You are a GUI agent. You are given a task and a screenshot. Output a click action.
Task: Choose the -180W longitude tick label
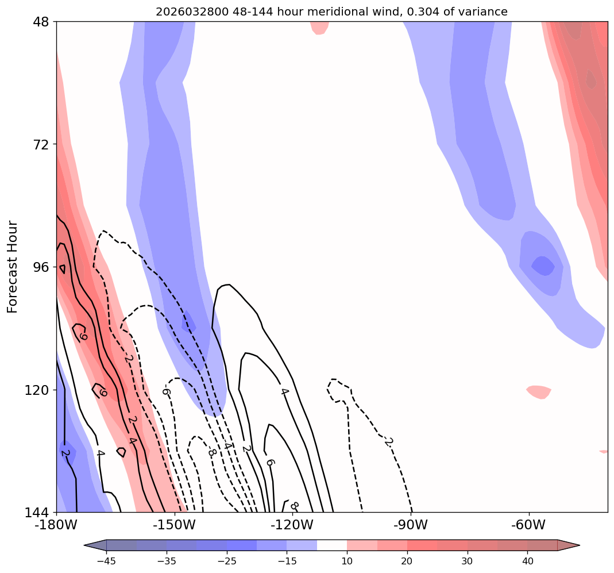coord(56,525)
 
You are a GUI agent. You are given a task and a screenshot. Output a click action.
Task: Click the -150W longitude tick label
coord(174,525)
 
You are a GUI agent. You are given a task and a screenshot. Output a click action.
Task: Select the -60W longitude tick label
coord(528,525)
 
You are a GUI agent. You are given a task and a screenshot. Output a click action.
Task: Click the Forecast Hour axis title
coord(13,267)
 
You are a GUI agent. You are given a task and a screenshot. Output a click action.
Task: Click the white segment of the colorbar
coord(332,545)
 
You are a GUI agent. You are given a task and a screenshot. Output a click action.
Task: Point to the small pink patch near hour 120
coord(539,392)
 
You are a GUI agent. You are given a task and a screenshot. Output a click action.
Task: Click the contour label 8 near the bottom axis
coord(295,506)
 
